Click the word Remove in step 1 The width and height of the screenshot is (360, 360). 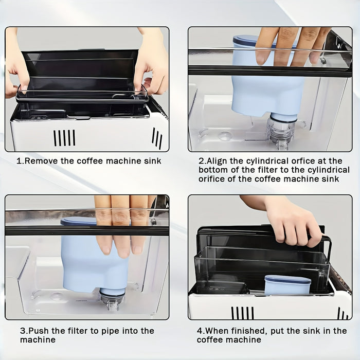pos(40,161)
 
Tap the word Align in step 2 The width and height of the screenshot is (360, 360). pos(219,161)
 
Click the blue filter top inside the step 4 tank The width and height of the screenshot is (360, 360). pos(287,280)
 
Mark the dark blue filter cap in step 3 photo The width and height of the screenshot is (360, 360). pos(77,222)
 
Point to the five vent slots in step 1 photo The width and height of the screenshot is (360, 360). pos(64,137)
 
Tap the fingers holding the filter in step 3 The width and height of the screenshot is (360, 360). pos(121,226)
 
